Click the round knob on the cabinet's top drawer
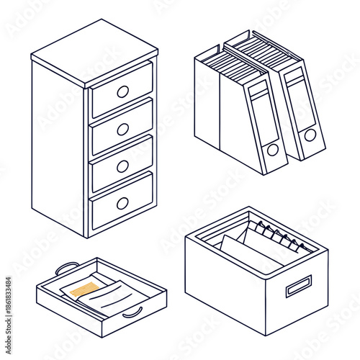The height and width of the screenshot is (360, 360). pyautogui.click(x=122, y=91)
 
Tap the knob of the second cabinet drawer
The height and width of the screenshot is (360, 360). pyautogui.click(x=123, y=129)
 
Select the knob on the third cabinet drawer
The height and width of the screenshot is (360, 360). pyautogui.click(x=123, y=165)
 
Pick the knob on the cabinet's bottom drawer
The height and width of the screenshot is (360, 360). pyautogui.click(x=123, y=202)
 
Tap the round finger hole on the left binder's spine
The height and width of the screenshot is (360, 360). pyautogui.click(x=273, y=150)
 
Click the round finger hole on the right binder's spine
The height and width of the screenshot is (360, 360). pyautogui.click(x=310, y=135)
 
